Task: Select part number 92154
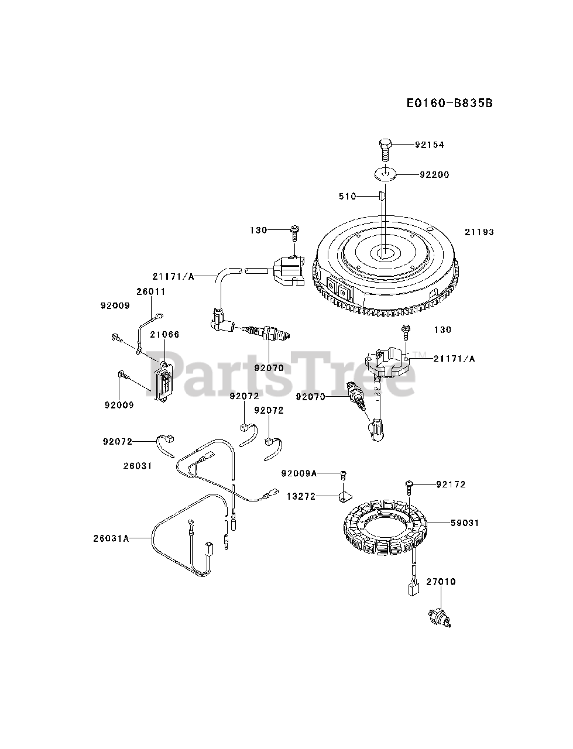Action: [x=430, y=145]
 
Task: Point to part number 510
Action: [x=348, y=196]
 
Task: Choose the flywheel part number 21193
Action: [x=479, y=232]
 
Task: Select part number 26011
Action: [x=151, y=291]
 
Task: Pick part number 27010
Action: [x=441, y=582]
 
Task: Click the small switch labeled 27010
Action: [x=438, y=617]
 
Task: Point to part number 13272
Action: [x=301, y=496]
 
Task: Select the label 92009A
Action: [x=298, y=473]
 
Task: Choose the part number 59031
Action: [x=465, y=523]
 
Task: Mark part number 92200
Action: [x=434, y=174]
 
